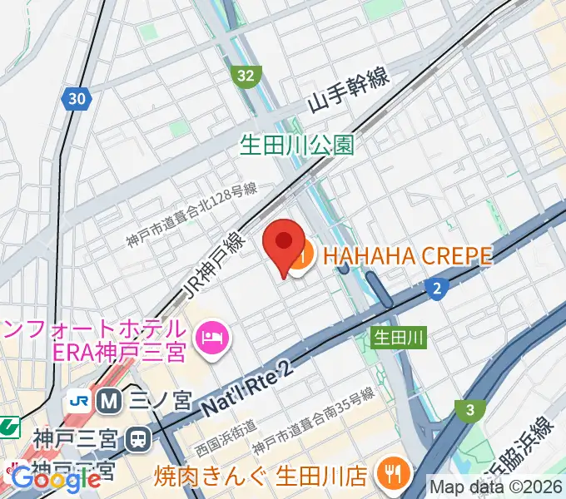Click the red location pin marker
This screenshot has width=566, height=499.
click(283, 244)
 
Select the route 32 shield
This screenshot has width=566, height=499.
click(245, 76)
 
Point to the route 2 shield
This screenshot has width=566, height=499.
click(436, 289)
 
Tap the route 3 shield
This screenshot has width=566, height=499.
click(470, 409)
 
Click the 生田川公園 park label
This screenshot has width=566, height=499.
click(297, 146)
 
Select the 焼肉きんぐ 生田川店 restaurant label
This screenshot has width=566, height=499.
click(261, 477)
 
